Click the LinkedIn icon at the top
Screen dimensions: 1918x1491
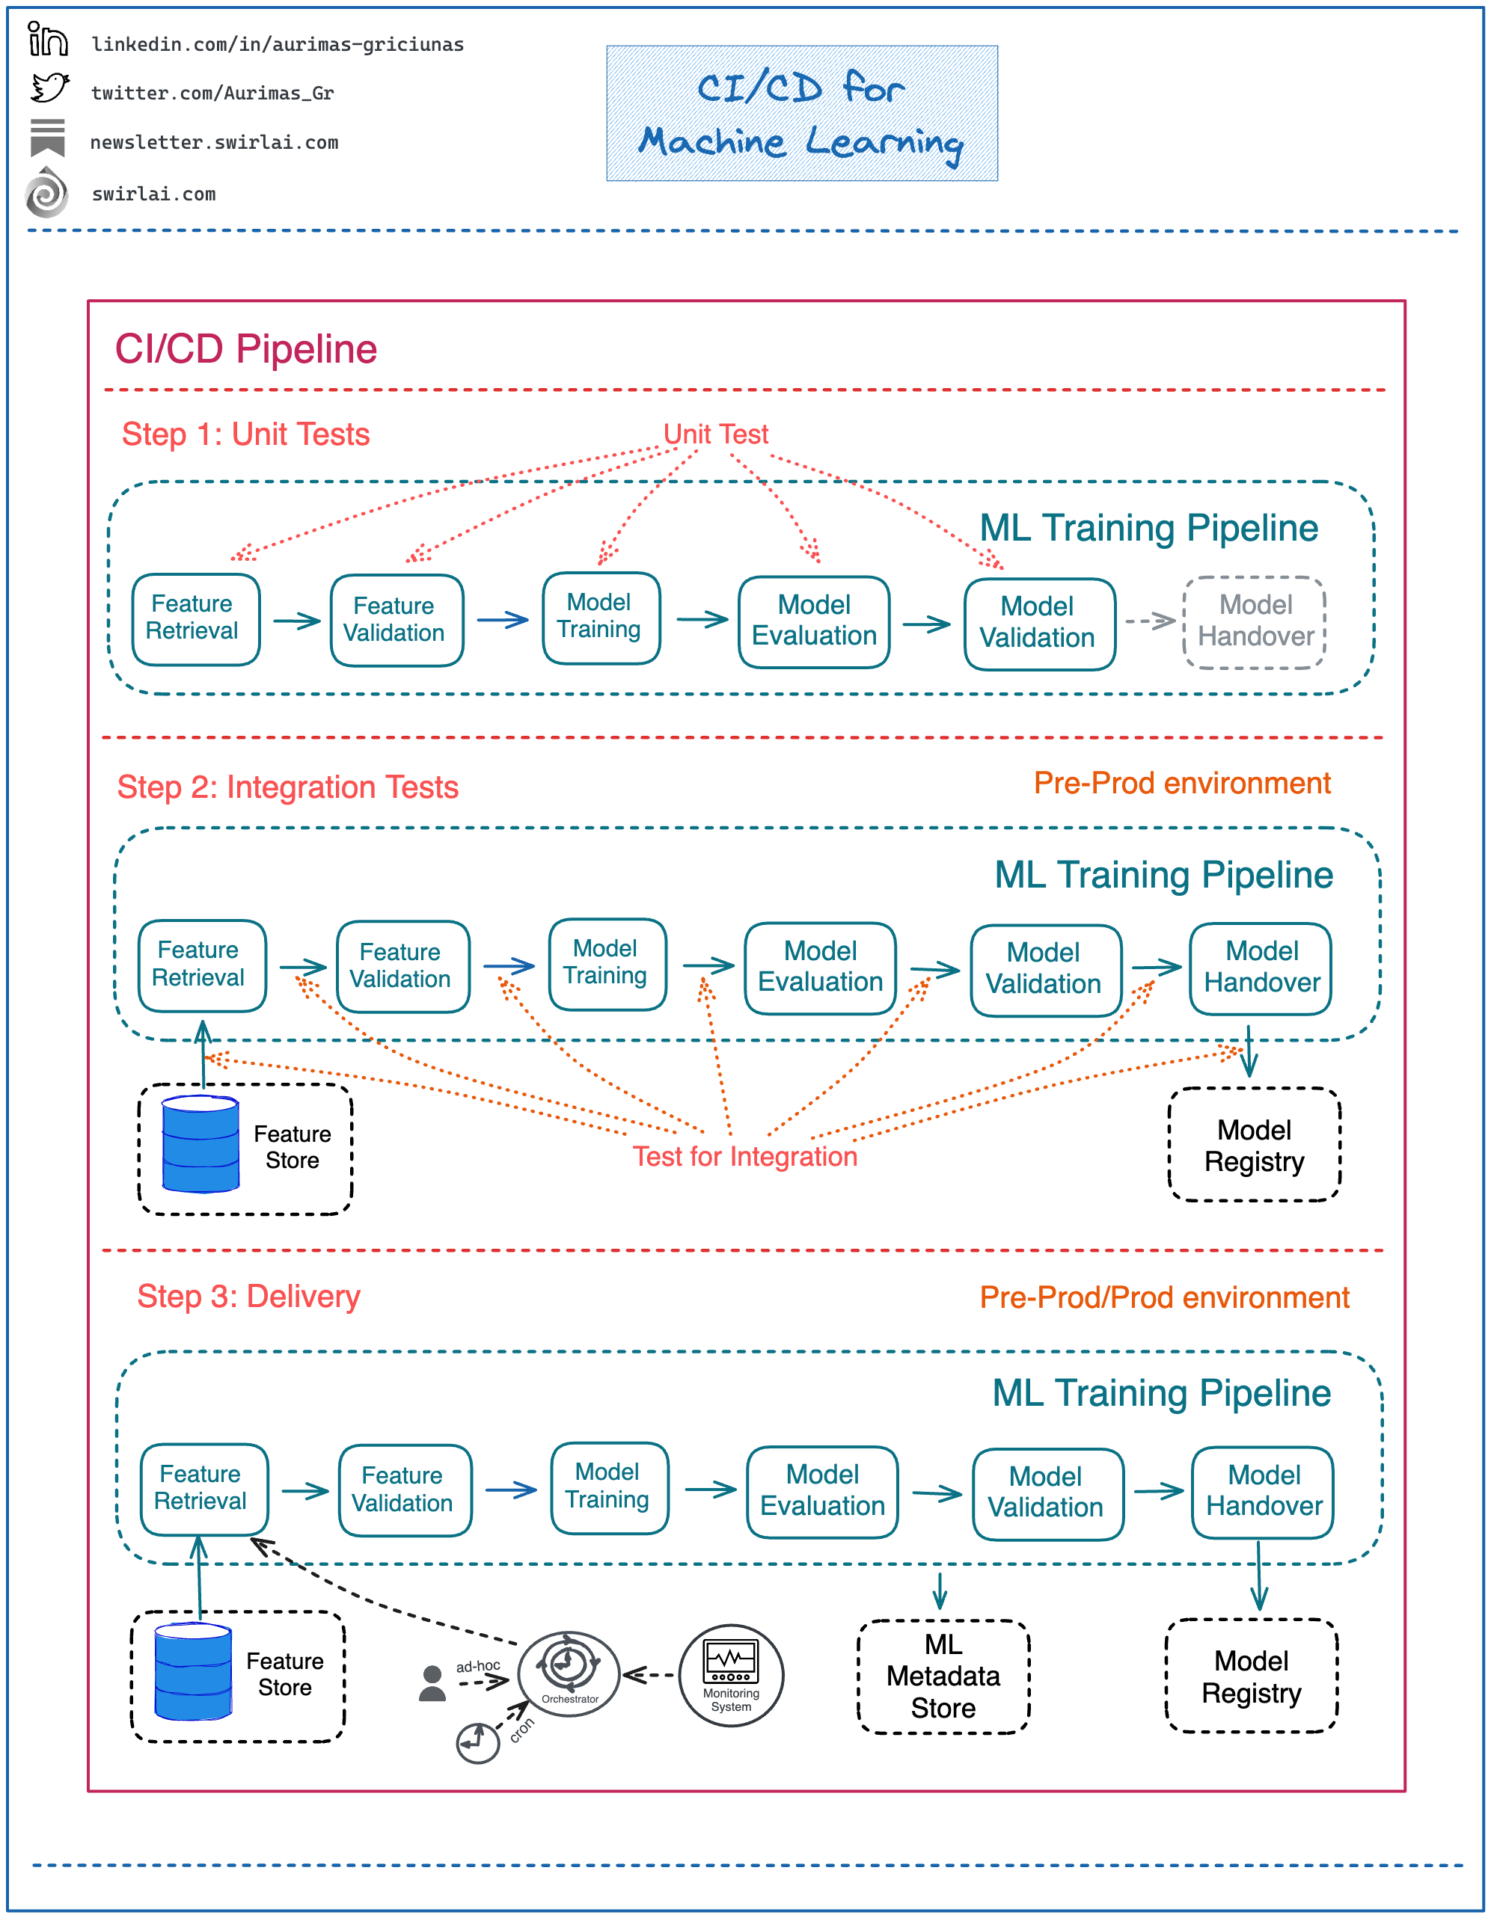point(46,40)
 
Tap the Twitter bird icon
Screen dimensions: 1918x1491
point(49,89)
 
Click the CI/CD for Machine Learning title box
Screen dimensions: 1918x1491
point(801,114)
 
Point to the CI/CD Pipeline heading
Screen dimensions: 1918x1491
point(246,349)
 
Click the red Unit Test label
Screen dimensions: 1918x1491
point(715,434)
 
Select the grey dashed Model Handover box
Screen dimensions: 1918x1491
point(1254,622)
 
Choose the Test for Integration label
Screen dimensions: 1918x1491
point(744,1157)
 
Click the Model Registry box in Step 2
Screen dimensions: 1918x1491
point(1254,1145)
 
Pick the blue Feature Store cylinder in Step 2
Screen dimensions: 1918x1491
point(200,1144)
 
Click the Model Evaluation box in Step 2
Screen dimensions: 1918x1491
point(820,967)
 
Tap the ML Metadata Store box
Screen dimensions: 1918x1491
point(943,1676)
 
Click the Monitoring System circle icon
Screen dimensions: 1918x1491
point(730,1676)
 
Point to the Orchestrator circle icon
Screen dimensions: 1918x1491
point(569,1674)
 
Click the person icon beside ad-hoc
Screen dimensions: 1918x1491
point(432,1683)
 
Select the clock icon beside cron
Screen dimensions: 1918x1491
point(478,1742)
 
